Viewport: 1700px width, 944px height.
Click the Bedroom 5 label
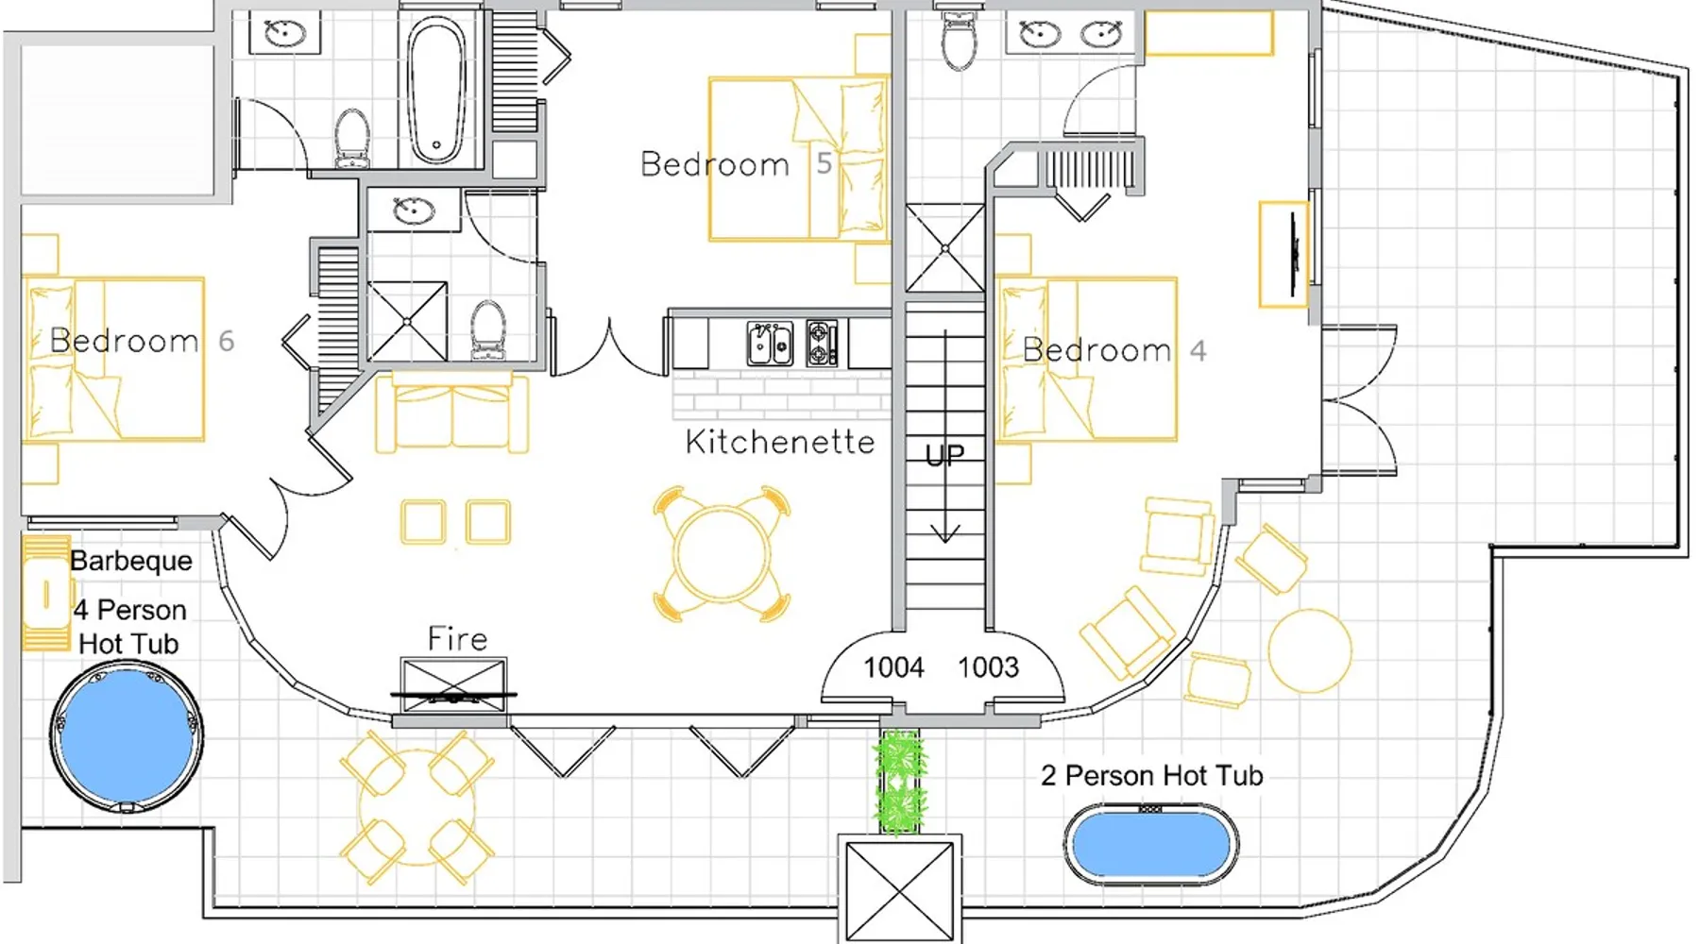(x=736, y=164)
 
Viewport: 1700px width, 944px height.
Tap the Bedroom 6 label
(x=142, y=341)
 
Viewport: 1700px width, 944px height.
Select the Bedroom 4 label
(x=1114, y=350)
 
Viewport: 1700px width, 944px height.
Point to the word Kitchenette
(x=780, y=442)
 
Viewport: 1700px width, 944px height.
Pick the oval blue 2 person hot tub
(x=1151, y=845)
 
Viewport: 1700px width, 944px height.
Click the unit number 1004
(x=893, y=667)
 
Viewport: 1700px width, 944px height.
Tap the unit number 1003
(x=988, y=667)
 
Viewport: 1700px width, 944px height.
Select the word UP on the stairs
(x=945, y=456)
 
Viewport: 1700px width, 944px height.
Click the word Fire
(x=457, y=639)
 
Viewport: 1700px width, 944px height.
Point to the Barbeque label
(x=131, y=561)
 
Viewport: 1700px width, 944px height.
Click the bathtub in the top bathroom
(x=436, y=91)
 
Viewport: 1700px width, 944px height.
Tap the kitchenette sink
(x=770, y=344)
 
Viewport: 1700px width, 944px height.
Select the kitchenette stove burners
(x=822, y=344)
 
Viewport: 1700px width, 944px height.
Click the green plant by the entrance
(x=899, y=782)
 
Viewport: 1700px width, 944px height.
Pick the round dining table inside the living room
(x=722, y=554)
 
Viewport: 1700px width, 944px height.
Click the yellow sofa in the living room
(x=451, y=412)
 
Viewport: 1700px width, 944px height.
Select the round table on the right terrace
(x=1309, y=650)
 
